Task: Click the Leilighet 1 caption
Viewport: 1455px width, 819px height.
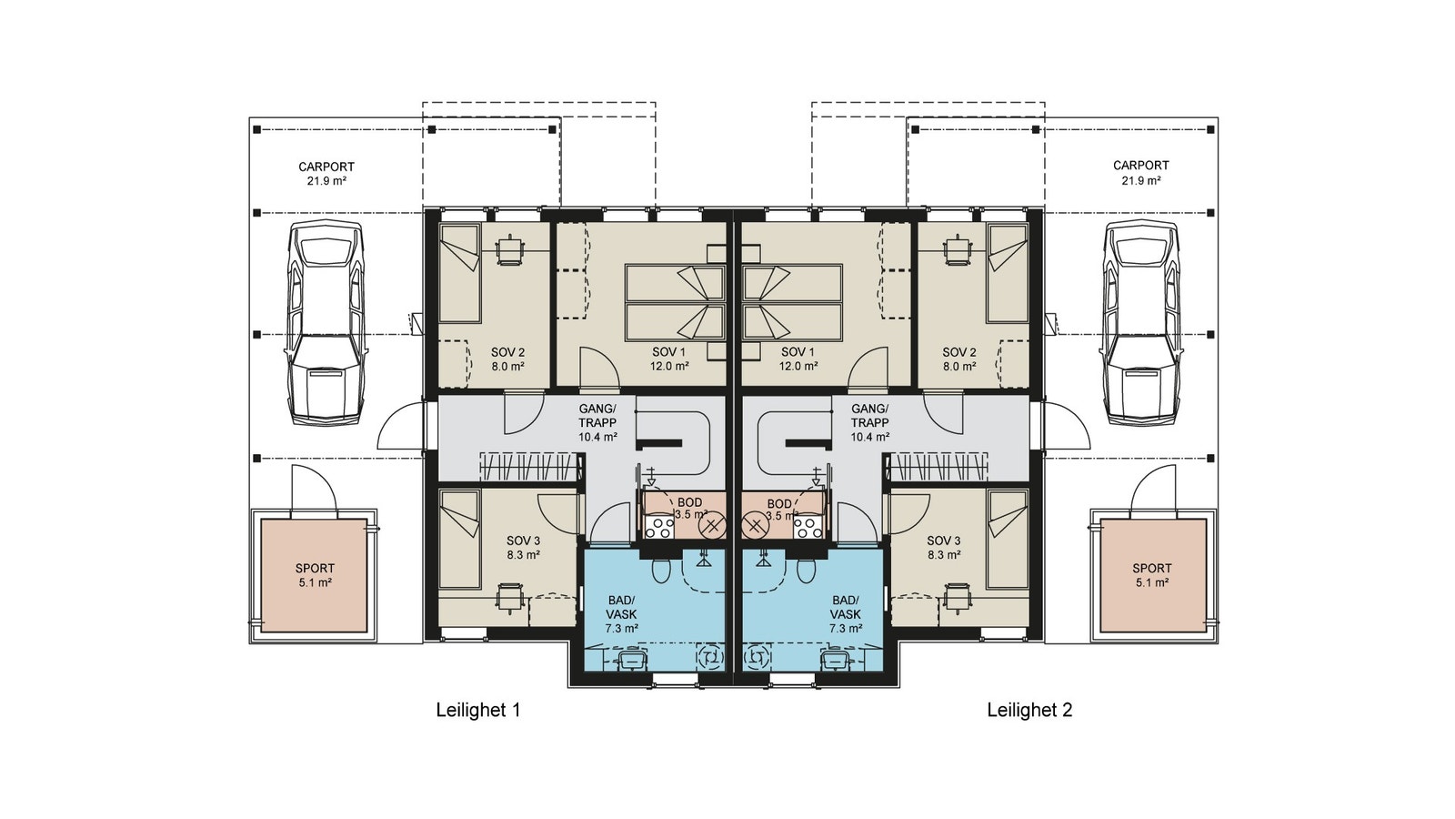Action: (x=478, y=711)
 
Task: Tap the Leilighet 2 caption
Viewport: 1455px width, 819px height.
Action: (x=1029, y=711)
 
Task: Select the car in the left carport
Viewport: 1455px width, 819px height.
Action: (x=325, y=323)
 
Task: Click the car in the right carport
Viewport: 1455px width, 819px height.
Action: (x=1140, y=323)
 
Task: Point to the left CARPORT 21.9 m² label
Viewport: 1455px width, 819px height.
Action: (x=326, y=174)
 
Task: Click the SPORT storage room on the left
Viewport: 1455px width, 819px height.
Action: (x=315, y=575)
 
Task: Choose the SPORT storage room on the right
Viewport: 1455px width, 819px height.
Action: (x=1152, y=575)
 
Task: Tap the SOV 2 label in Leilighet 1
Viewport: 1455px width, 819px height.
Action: (x=508, y=359)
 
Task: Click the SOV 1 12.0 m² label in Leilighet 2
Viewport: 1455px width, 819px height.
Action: (x=798, y=359)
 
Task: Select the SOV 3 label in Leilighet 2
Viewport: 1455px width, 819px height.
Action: (x=944, y=548)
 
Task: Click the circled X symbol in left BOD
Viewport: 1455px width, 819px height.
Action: (x=713, y=526)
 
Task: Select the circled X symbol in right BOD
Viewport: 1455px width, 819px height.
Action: (x=755, y=526)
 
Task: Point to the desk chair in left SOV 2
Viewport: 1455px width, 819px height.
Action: (x=510, y=250)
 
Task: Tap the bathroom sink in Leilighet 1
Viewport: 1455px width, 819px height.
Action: (x=631, y=661)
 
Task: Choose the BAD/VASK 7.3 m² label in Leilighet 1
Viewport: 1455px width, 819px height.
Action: (x=622, y=614)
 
